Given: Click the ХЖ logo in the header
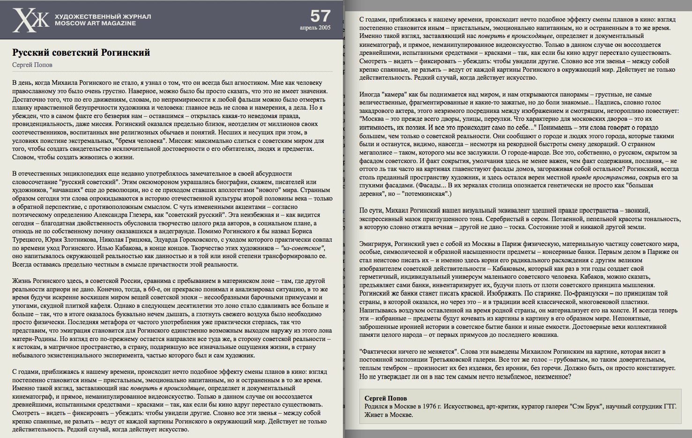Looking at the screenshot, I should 30,20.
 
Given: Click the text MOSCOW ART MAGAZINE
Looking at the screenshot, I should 95,23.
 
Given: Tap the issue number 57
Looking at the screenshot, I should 320,16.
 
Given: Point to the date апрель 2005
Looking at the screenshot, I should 315,28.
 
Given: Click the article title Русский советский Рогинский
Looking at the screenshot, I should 81,52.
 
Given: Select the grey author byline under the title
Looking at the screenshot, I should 32,65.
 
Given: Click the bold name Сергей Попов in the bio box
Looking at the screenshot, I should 386,398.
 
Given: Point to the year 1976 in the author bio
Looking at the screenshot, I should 429,406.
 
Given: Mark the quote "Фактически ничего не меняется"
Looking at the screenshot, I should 408,351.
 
